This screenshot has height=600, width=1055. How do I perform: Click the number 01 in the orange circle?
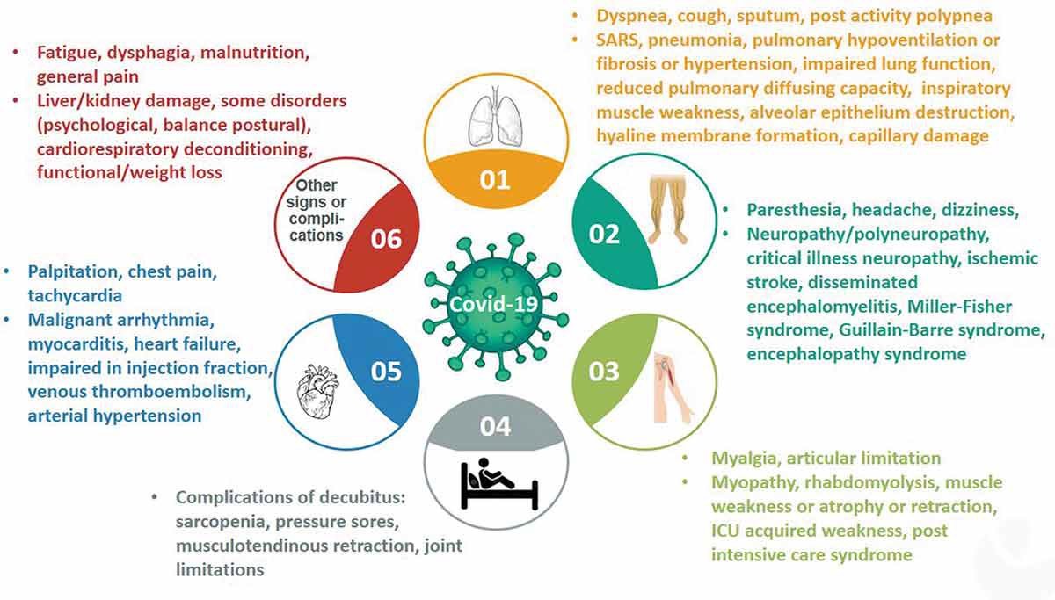[495, 179]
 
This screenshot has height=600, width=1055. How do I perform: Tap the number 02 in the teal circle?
[605, 234]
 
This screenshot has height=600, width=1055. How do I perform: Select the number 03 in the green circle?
[604, 371]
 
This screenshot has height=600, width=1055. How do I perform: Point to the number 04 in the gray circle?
[495, 426]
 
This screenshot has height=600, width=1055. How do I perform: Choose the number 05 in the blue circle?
[386, 372]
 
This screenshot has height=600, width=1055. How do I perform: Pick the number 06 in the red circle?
[386, 238]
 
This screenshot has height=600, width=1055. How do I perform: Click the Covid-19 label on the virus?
[492, 303]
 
